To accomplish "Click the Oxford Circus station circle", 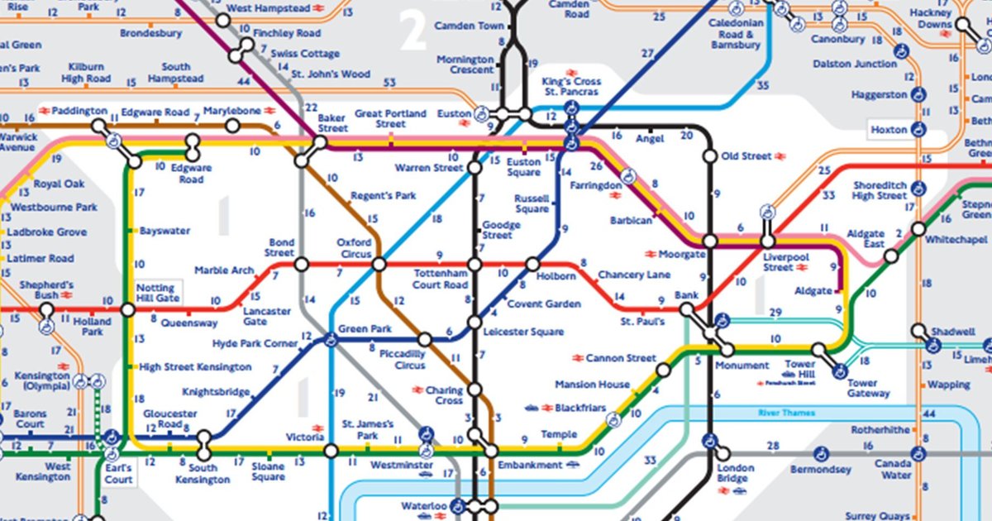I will click(379, 265).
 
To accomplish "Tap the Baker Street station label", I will click(332, 123).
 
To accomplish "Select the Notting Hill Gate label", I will click(156, 292).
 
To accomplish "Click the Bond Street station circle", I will click(302, 265).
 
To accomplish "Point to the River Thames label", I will click(786, 413).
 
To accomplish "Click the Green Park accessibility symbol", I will click(331, 338).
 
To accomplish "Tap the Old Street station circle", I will click(709, 156).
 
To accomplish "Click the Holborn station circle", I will click(533, 265).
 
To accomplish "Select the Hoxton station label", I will click(889, 130).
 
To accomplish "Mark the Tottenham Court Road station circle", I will click(475, 265).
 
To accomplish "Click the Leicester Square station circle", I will click(475, 322).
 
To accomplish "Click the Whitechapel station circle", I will click(918, 229).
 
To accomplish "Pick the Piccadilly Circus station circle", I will click(425, 339).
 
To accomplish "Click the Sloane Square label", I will click(268, 472).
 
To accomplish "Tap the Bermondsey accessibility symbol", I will click(821, 452).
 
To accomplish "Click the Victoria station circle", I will click(331, 451).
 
